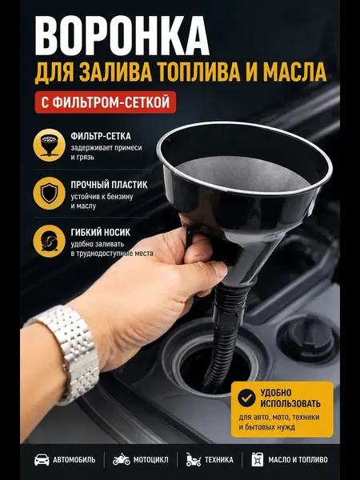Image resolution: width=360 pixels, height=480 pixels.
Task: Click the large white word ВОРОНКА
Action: [122, 35]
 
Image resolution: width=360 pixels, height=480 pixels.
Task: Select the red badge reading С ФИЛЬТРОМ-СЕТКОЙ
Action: [106, 102]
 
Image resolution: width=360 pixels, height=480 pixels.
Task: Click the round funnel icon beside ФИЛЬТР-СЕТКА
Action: [49, 145]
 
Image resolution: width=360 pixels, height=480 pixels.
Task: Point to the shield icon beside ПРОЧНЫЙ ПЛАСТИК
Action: [49, 193]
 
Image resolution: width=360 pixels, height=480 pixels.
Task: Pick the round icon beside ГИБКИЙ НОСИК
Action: [49, 241]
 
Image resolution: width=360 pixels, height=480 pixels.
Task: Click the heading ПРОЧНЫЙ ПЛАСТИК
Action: [109, 185]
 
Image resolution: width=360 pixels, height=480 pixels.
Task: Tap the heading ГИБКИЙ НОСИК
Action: [101, 233]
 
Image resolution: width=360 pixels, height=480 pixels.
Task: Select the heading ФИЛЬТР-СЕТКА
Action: [101, 137]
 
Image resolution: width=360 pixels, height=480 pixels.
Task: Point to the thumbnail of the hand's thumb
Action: [218, 269]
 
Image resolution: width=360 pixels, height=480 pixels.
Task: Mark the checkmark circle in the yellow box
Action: [246, 398]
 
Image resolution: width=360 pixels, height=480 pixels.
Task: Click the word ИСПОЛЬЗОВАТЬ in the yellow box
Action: [290, 403]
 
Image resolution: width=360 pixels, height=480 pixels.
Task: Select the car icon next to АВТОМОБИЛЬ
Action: [42, 459]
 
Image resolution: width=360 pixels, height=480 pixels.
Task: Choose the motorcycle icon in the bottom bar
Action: [122, 459]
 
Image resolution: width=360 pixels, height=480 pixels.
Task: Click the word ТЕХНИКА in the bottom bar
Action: [219, 460]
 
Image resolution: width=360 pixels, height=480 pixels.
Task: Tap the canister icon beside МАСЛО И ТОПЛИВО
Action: [257, 459]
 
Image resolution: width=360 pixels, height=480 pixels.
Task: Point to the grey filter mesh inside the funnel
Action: [242, 173]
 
